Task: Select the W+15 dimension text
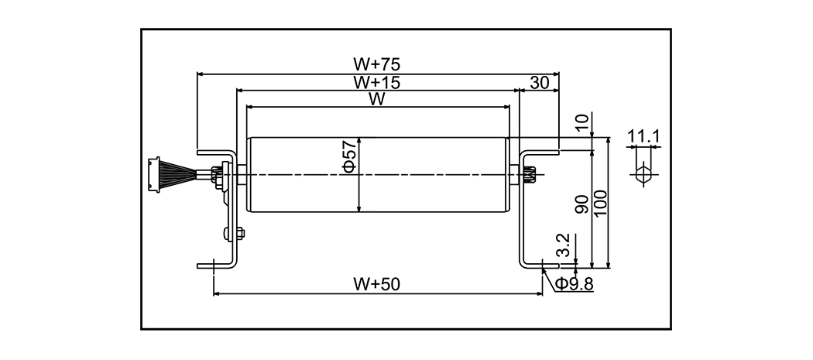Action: point(377,81)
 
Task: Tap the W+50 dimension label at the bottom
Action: point(376,284)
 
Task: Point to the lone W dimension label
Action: point(377,98)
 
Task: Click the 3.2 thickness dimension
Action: point(564,246)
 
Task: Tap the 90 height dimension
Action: point(583,203)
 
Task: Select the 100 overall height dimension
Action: point(600,203)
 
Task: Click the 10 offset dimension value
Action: point(583,122)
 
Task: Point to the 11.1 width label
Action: point(643,138)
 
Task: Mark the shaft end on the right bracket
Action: point(530,175)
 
